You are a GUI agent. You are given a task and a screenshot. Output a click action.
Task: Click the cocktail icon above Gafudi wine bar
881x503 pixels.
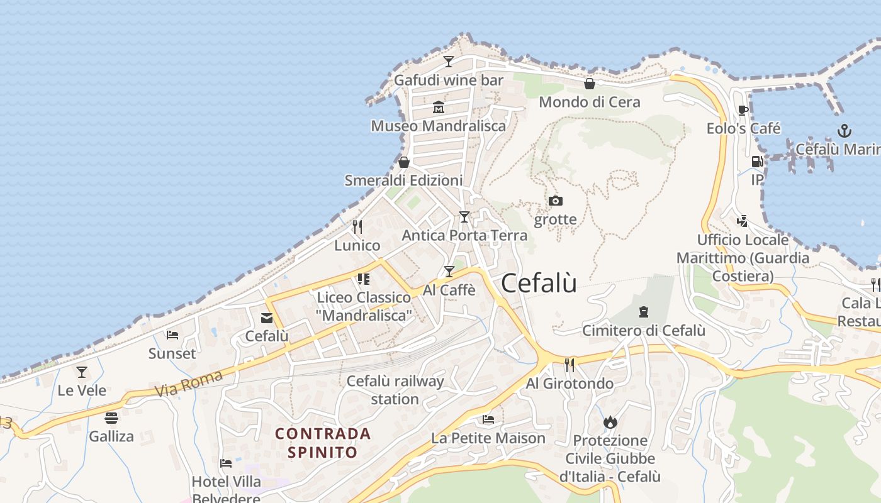(449, 62)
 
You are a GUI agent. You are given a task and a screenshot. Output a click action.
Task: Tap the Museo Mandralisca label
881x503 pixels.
(438, 126)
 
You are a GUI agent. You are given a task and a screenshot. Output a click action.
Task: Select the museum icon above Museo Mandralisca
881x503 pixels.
(439, 108)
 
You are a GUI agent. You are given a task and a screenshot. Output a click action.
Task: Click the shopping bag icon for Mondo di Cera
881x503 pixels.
(590, 84)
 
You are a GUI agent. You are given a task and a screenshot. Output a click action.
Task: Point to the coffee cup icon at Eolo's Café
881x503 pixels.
(743, 111)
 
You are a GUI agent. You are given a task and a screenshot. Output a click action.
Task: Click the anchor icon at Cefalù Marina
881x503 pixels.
(844, 131)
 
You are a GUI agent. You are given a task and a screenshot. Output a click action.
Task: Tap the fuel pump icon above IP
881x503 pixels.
(757, 162)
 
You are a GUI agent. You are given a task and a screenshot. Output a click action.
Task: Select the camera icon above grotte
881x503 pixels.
(555, 201)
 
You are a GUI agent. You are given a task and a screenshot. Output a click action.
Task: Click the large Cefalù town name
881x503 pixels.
(539, 284)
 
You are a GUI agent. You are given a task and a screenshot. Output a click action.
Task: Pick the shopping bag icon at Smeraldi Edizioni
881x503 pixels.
(404, 162)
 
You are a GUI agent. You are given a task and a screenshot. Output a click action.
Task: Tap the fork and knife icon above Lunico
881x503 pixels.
(357, 226)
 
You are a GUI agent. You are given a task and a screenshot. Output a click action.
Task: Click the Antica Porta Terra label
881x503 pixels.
(464, 235)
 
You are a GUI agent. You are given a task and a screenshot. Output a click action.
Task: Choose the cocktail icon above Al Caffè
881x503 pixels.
(449, 272)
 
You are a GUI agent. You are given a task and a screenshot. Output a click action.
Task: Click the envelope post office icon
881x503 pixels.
(267, 318)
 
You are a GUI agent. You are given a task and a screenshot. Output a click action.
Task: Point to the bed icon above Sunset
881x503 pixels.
(172, 335)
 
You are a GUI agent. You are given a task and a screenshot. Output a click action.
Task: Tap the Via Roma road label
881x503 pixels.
(189, 384)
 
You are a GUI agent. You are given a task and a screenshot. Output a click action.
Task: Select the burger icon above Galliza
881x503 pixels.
(111, 418)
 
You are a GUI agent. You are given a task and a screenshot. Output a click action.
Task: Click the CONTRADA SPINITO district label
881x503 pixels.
(323, 443)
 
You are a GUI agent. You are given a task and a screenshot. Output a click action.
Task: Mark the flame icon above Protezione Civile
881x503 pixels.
(610, 422)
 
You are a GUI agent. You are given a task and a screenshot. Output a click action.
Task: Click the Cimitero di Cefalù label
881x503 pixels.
(643, 330)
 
